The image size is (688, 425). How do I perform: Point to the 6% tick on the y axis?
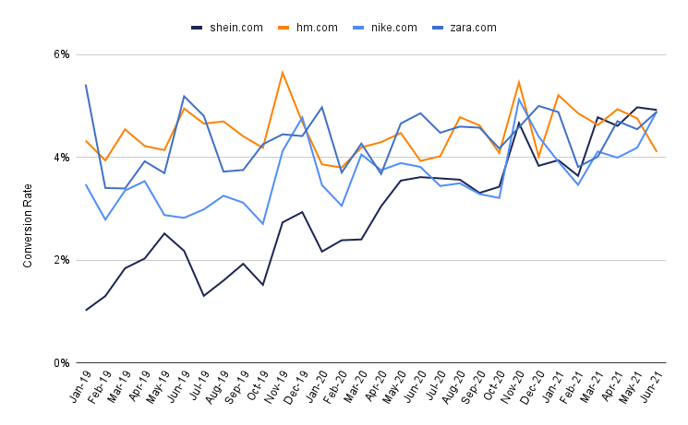[x=61, y=54]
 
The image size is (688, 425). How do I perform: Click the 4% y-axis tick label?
[x=61, y=158]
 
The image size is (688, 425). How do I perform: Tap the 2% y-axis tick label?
[x=61, y=260]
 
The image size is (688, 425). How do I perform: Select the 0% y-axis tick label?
[x=61, y=363]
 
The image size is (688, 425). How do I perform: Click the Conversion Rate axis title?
[x=28, y=208]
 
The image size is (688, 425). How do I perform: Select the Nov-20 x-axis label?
[x=508, y=387]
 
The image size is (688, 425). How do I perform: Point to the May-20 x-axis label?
[x=391, y=387]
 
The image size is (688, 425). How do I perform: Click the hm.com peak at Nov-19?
[x=283, y=72]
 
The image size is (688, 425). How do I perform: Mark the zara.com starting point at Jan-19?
[x=86, y=85]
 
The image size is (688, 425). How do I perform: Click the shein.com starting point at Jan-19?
[x=86, y=310]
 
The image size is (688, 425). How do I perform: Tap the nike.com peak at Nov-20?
[x=518, y=99]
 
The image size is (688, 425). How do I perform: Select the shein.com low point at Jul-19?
[x=204, y=295]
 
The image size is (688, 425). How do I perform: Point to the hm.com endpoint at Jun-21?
[x=656, y=151]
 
